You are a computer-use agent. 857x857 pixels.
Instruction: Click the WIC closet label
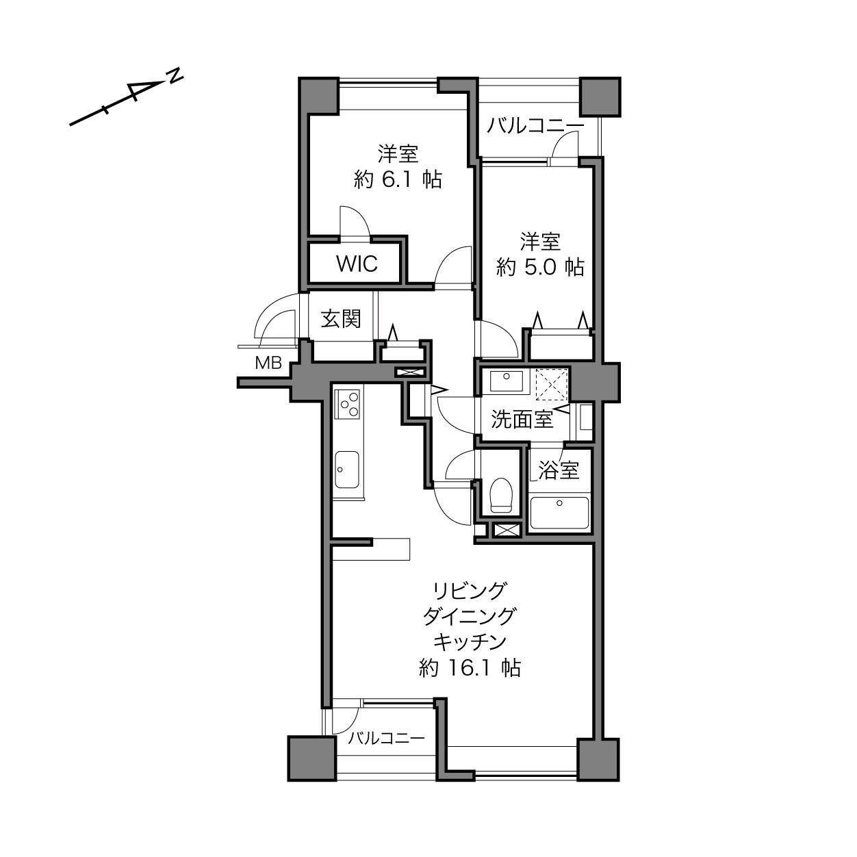tap(357, 264)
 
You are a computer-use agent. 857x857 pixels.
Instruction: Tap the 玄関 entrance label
tap(341, 318)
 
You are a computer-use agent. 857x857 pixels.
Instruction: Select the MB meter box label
tap(268, 363)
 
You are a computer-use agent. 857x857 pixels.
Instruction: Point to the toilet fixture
tap(501, 495)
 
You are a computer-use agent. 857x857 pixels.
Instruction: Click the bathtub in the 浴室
tap(559, 513)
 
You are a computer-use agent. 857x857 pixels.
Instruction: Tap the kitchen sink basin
tap(347, 470)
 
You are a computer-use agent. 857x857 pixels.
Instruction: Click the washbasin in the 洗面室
tap(506, 381)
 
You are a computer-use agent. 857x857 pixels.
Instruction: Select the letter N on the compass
tap(176, 75)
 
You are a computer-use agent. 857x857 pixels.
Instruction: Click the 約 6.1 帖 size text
tap(398, 179)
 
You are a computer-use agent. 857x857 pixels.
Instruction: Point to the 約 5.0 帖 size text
tap(540, 267)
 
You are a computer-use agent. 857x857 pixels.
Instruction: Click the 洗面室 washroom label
tap(522, 419)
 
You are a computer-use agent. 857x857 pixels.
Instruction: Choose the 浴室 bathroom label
tap(559, 470)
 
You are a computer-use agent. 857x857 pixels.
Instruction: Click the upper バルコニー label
tap(535, 126)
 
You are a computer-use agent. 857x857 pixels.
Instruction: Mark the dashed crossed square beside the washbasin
tap(552, 385)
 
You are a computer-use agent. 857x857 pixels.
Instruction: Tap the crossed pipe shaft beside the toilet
tap(507, 530)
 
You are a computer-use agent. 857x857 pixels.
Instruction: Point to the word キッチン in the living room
tap(470, 641)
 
